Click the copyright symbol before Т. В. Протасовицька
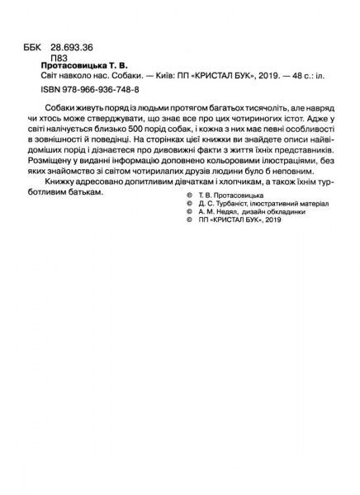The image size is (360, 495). click(x=191, y=214)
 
